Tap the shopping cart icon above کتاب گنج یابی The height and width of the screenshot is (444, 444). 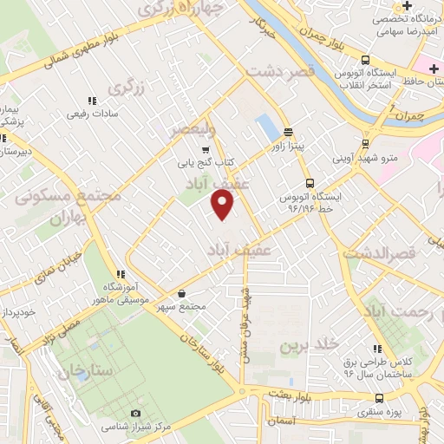click(206, 149)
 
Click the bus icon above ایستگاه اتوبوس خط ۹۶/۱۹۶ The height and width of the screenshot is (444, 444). click(310, 183)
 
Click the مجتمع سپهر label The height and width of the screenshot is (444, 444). click(182, 306)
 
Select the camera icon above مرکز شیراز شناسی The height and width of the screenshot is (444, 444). click(134, 414)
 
